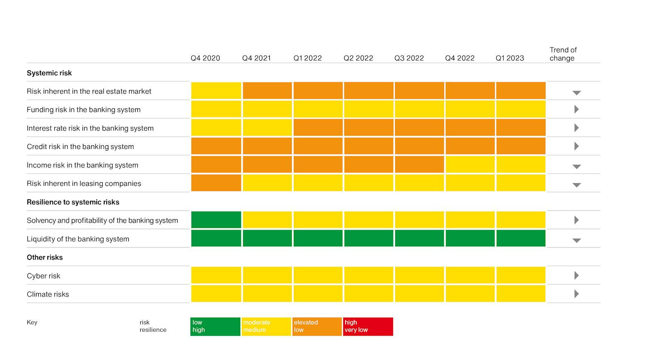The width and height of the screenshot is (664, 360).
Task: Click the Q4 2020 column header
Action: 205,58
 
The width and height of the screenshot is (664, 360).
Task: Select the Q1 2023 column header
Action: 510,58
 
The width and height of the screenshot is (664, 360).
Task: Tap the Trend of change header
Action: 563,54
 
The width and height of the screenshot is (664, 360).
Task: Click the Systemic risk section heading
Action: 49,73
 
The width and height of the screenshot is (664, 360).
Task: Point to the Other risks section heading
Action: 45,257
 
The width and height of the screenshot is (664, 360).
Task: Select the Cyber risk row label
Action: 43,276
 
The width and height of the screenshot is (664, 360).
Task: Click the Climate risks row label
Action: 48,294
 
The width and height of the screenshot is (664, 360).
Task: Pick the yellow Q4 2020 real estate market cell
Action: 216,91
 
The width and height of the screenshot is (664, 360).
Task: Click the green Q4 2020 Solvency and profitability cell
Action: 216,220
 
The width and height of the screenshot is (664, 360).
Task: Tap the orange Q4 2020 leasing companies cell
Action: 216,183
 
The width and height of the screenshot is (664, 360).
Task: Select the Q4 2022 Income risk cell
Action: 470,164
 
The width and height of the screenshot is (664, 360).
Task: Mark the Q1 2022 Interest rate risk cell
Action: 318,127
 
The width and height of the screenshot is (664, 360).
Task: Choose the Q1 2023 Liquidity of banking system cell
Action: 521,238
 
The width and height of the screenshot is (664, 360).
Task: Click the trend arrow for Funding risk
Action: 576,110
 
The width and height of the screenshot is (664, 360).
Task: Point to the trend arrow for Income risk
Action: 576,167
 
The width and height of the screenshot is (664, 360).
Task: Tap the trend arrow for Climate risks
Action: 576,294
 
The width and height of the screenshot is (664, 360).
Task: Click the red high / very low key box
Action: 368,326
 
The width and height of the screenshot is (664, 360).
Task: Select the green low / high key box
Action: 215,326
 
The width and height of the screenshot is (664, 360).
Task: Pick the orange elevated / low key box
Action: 317,326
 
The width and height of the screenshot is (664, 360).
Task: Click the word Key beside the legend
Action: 32,322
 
